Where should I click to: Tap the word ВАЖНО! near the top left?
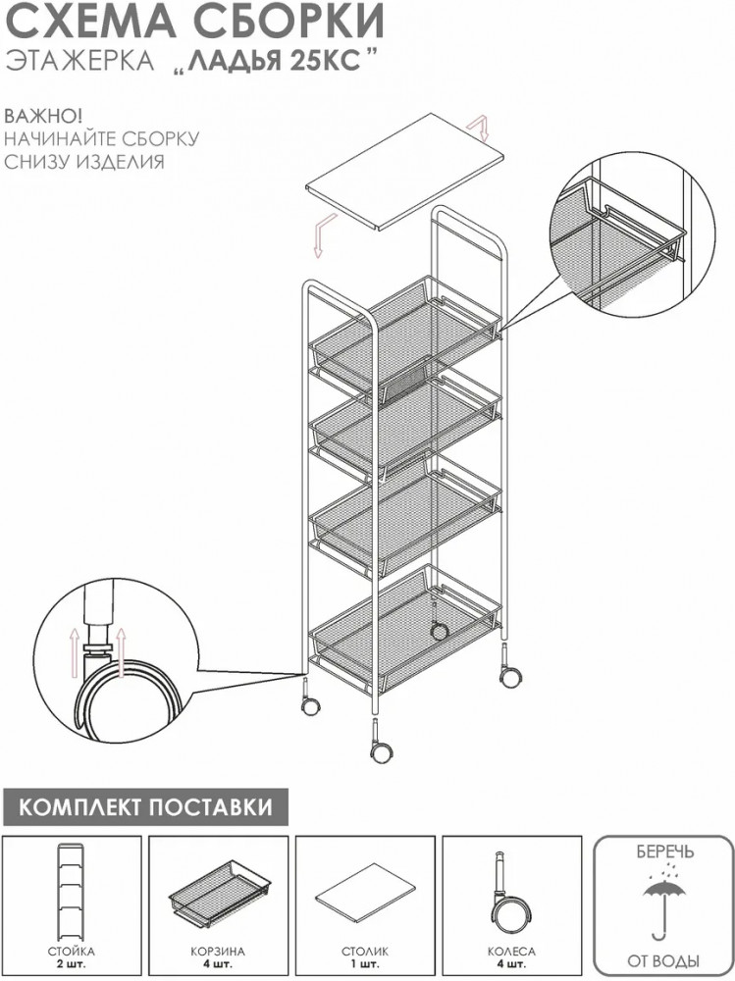(43, 117)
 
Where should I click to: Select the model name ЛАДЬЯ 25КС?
(274, 64)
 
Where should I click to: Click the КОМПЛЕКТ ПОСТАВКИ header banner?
(146, 806)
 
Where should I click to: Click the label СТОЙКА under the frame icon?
(71, 951)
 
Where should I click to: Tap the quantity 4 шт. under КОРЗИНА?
(218, 964)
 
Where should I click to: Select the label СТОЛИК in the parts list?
(365, 951)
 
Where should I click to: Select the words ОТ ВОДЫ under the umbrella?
(663, 960)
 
